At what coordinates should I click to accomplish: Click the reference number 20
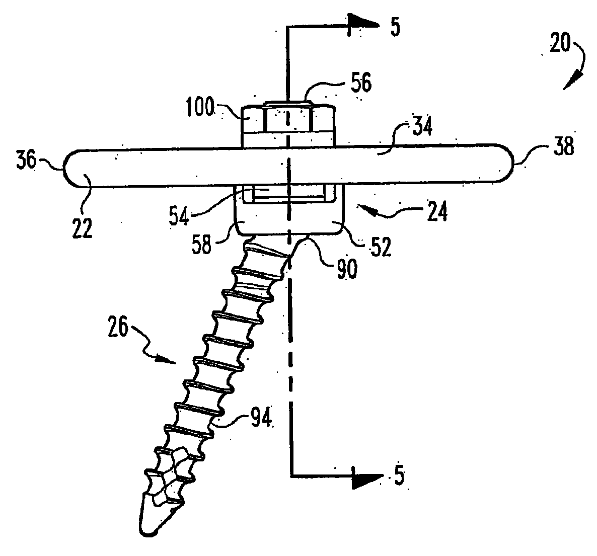click(x=559, y=44)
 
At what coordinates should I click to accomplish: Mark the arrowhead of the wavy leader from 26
click(x=168, y=360)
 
